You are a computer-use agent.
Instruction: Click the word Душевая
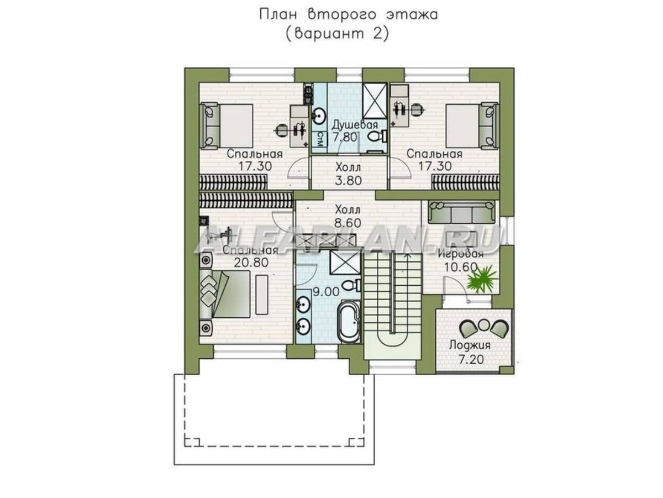click(x=355, y=125)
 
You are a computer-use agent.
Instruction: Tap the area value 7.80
click(x=345, y=138)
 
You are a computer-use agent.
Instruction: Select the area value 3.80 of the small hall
click(x=348, y=181)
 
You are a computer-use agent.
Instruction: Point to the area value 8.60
click(x=348, y=223)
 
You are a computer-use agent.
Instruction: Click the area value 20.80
click(x=251, y=263)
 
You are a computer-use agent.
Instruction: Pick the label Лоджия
click(x=470, y=345)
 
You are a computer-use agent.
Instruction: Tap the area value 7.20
click(x=471, y=359)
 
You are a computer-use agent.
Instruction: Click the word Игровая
click(x=461, y=254)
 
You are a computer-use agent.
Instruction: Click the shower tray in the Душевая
click(x=375, y=101)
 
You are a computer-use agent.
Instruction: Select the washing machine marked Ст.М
click(x=319, y=142)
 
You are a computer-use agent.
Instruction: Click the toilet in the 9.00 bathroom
click(x=351, y=285)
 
